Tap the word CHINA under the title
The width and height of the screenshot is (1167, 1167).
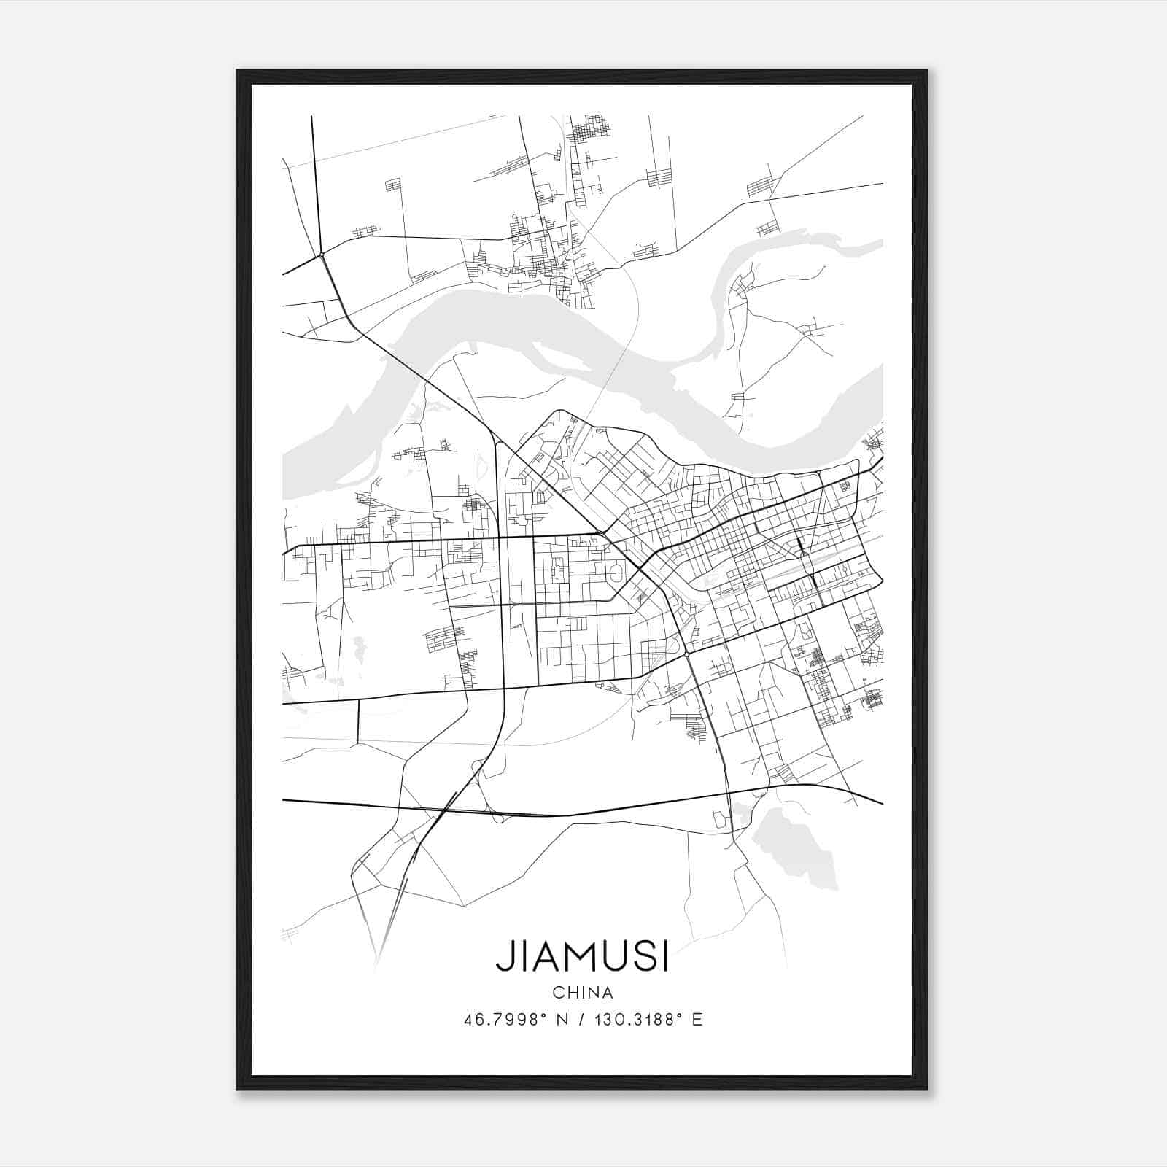click(x=582, y=993)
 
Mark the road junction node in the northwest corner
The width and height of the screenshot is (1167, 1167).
click(x=321, y=255)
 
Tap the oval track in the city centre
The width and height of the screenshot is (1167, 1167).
click(x=616, y=573)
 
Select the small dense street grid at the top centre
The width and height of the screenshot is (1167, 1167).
click(x=589, y=131)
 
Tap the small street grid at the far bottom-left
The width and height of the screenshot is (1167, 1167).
click(x=290, y=933)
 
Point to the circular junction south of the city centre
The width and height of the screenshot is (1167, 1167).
click(x=687, y=654)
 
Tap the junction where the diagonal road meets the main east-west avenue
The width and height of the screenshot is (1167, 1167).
click(x=600, y=534)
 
